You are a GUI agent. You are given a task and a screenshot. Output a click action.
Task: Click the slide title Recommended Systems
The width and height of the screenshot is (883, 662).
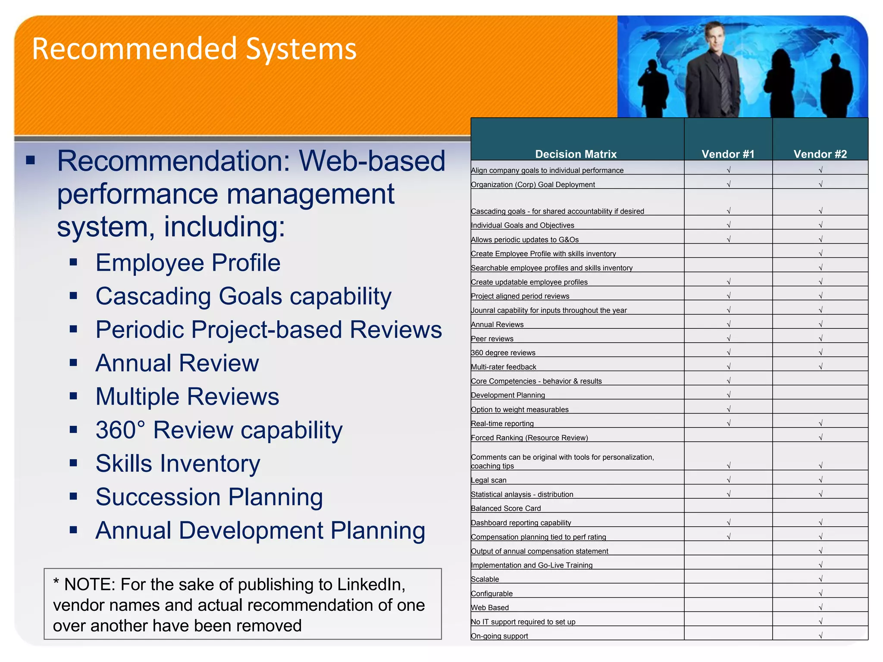click(194, 49)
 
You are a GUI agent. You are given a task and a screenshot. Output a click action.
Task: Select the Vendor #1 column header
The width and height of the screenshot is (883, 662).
click(728, 154)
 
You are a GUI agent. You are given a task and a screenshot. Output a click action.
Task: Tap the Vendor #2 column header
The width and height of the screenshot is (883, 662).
click(820, 154)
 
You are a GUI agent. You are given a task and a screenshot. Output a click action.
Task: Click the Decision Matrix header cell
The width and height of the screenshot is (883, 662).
click(576, 154)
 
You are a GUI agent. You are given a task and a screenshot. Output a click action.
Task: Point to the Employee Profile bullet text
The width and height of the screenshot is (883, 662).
click(188, 262)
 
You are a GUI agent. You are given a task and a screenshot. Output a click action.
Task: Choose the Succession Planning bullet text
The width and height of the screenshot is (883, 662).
click(209, 497)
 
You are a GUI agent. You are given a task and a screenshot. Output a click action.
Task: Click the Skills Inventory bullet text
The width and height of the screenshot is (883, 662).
click(178, 463)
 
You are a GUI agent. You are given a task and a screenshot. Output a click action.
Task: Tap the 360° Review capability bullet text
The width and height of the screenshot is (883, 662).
click(219, 430)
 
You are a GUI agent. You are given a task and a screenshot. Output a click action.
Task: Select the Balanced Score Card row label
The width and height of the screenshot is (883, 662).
click(506, 509)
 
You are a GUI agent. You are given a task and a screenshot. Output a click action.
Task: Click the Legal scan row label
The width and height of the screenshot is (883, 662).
click(488, 480)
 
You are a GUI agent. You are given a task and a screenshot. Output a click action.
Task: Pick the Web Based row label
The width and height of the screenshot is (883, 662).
click(490, 608)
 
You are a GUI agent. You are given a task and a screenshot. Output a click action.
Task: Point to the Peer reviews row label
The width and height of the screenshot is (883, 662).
click(492, 339)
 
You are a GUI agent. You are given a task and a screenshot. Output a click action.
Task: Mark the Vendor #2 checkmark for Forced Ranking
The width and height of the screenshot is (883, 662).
click(820, 437)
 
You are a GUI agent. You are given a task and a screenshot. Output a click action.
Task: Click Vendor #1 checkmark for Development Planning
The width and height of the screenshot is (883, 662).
click(729, 395)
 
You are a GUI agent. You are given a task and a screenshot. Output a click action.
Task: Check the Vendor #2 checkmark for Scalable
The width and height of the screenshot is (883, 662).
click(820, 579)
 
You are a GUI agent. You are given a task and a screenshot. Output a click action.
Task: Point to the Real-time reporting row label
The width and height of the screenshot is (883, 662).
click(502, 424)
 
